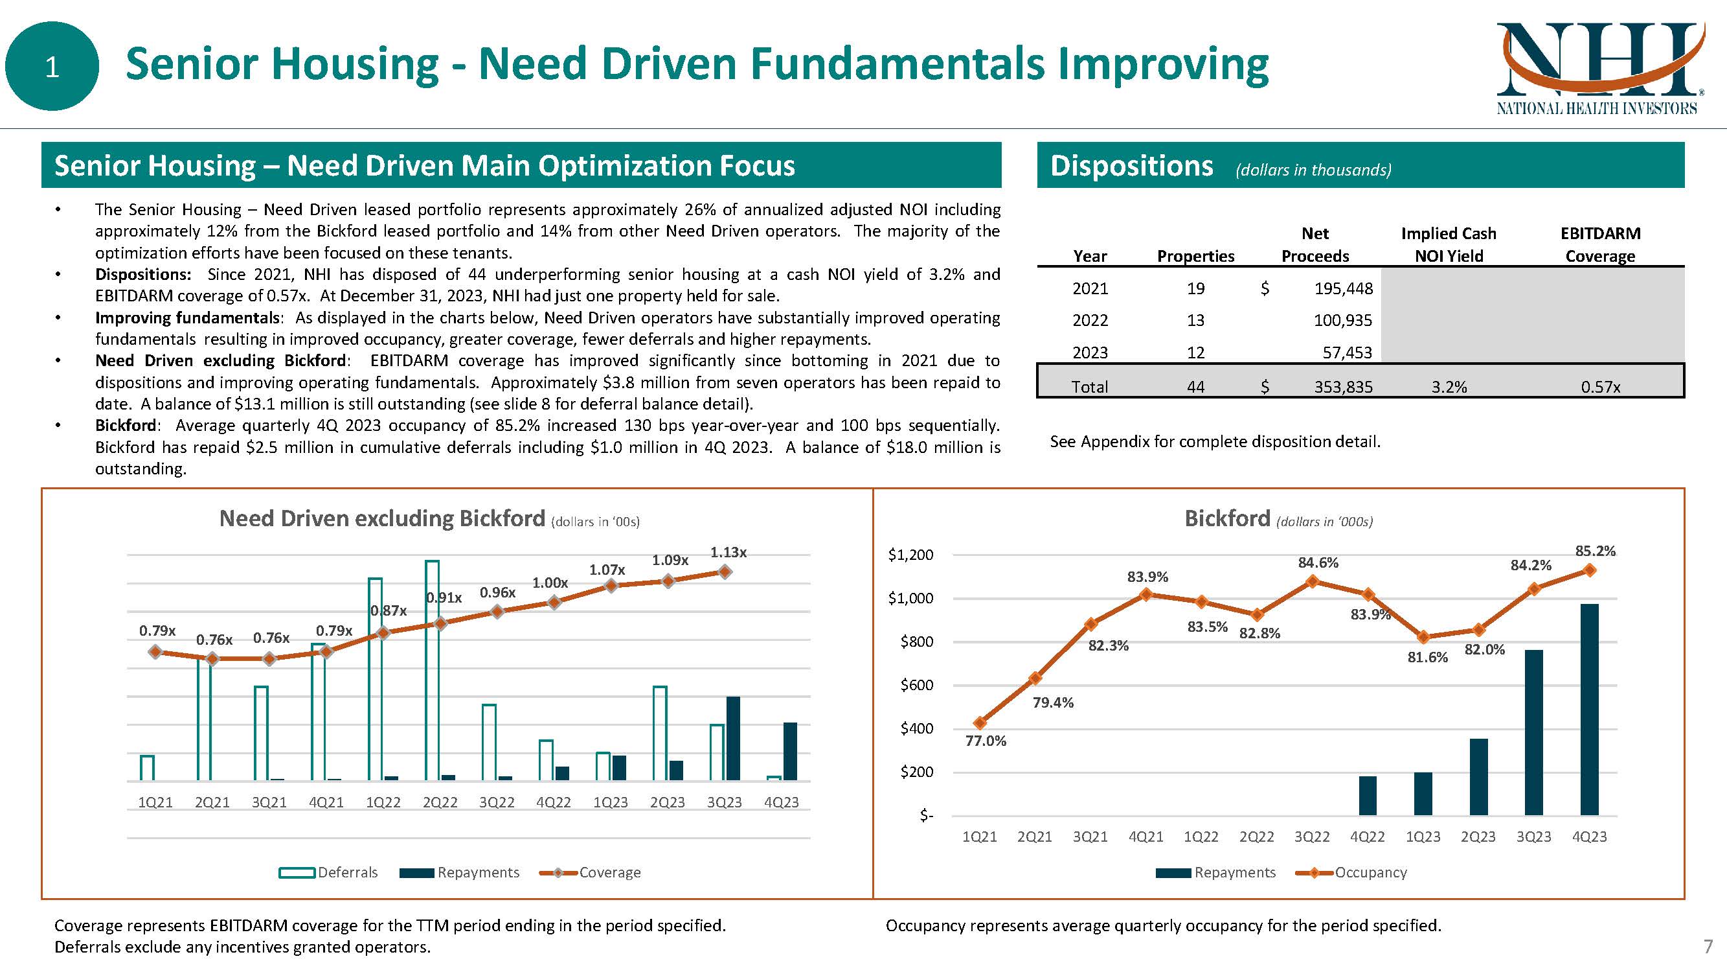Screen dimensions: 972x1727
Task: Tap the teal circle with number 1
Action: [52, 66]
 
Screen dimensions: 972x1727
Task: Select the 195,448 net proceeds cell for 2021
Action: [1343, 288]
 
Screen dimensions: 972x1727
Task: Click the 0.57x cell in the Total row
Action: [1599, 387]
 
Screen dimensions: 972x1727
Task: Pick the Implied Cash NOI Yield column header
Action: [1448, 245]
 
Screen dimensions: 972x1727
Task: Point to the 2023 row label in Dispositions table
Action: [1090, 352]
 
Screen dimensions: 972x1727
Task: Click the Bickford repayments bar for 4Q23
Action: [1589, 709]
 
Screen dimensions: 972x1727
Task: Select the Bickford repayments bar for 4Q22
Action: [1367, 796]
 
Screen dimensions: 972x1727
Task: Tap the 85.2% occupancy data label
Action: [1595, 551]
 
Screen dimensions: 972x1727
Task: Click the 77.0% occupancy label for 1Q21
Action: [986, 741]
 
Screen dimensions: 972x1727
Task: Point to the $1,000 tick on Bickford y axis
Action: [910, 598]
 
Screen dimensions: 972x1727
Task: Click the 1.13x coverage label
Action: [728, 552]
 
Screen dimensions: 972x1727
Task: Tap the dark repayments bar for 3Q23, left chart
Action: [733, 738]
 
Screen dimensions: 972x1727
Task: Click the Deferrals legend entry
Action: [328, 872]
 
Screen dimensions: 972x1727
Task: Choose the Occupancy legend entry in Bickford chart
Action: [1351, 872]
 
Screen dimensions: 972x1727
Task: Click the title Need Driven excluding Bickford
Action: [382, 518]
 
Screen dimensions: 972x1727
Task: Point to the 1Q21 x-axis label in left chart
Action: [155, 802]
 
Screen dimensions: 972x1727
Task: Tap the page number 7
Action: [1708, 947]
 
